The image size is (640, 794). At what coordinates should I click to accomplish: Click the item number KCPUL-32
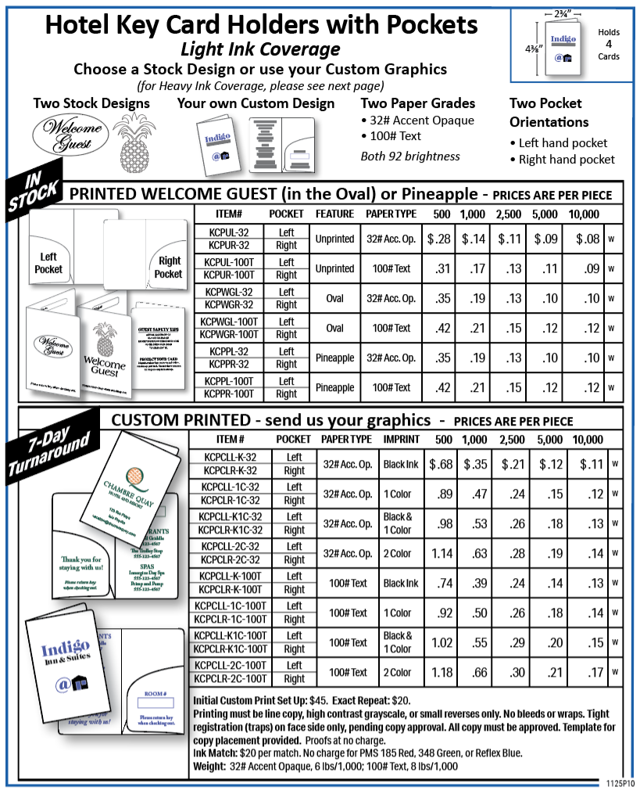click(229, 232)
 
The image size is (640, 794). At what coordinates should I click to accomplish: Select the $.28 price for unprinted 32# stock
click(440, 239)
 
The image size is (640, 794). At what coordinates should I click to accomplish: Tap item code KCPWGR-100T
click(229, 334)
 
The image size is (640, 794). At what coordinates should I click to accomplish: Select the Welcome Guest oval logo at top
click(67, 135)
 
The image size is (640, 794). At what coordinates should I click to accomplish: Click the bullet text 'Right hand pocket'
click(567, 160)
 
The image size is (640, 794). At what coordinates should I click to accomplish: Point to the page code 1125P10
click(620, 782)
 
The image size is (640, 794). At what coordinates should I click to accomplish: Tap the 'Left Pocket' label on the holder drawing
click(48, 263)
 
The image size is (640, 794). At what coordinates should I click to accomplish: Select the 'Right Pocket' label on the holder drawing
click(169, 268)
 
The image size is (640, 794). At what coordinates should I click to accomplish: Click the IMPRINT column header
click(401, 440)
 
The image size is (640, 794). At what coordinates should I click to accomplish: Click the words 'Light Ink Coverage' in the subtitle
click(260, 49)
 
